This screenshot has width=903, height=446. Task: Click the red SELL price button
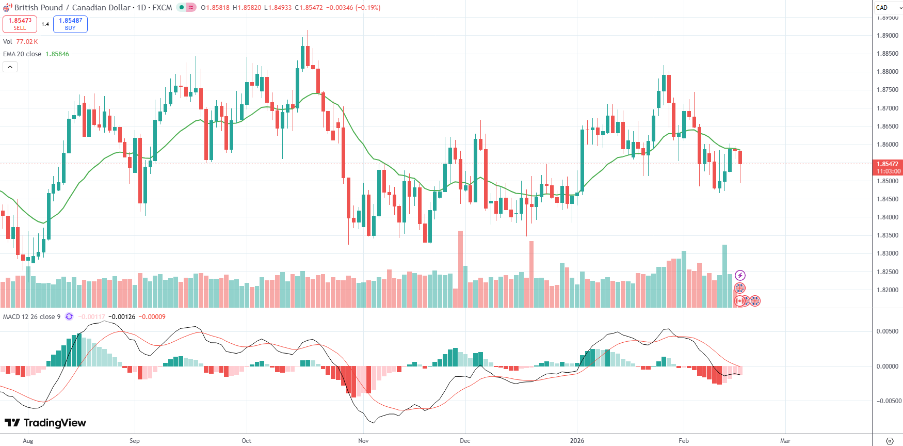click(x=20, y=24)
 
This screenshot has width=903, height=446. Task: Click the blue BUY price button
click(x=70, y=24)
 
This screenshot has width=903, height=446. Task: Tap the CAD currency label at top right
click(x=882, y=7)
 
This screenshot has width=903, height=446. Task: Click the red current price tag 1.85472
click(x=887, y=164)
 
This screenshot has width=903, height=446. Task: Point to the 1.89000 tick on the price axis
click(x=887, y=36)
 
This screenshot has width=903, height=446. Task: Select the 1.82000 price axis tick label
click(x=887, y=290)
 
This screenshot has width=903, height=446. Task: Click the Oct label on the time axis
click(x=247, y=441)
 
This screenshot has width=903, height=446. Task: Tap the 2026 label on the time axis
click(x=577, y=441)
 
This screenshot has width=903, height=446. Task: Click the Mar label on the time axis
click(x=785, y=441)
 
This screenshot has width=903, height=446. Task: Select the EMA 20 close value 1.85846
click(x=57, y=54)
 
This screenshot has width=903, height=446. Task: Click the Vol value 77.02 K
click(x=27, y=42)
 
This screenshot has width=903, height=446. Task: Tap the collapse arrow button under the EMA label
click(x=10, y=67)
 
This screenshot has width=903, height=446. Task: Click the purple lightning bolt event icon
click(x=740, y=275)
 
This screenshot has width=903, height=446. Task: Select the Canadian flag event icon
click(x=739, y=301)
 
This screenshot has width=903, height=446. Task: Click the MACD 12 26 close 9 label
click(x=31, y=317)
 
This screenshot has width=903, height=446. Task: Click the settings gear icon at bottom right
click(x=890, y=441)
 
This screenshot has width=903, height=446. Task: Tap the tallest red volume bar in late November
click(x=460, y=268)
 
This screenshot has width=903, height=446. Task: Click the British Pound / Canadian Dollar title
click(x=72, y=8)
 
